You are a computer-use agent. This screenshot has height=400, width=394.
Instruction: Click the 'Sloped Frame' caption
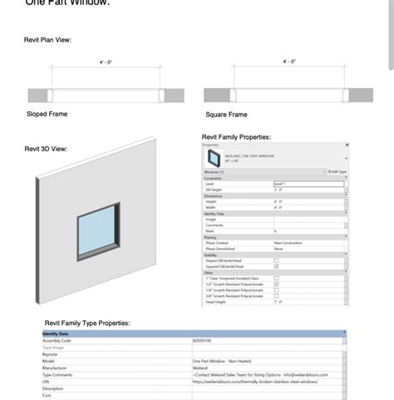point(47,114)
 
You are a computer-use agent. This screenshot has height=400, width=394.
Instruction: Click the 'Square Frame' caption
point(226,115)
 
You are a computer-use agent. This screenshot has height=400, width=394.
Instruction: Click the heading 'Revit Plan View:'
point(47,40)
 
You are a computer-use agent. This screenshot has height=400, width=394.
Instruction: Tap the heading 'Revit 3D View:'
point(46,149)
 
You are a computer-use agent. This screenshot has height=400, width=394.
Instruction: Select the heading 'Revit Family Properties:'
point(236,136)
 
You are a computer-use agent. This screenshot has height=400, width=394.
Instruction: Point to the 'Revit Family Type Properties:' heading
point(87,323)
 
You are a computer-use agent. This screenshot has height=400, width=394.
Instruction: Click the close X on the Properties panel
point(347,145)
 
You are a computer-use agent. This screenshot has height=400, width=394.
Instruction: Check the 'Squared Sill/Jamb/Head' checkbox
point(277,266)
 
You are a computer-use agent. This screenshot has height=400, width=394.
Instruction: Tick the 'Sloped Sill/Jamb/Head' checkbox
point(277,260)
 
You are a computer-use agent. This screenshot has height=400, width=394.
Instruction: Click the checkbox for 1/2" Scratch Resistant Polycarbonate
point(277,284)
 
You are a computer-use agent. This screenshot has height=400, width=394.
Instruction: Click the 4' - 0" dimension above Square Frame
point(289,62)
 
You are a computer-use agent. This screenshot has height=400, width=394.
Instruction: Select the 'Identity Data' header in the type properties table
point(57,333)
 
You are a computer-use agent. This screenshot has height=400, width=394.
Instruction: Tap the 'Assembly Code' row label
point(57,340)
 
